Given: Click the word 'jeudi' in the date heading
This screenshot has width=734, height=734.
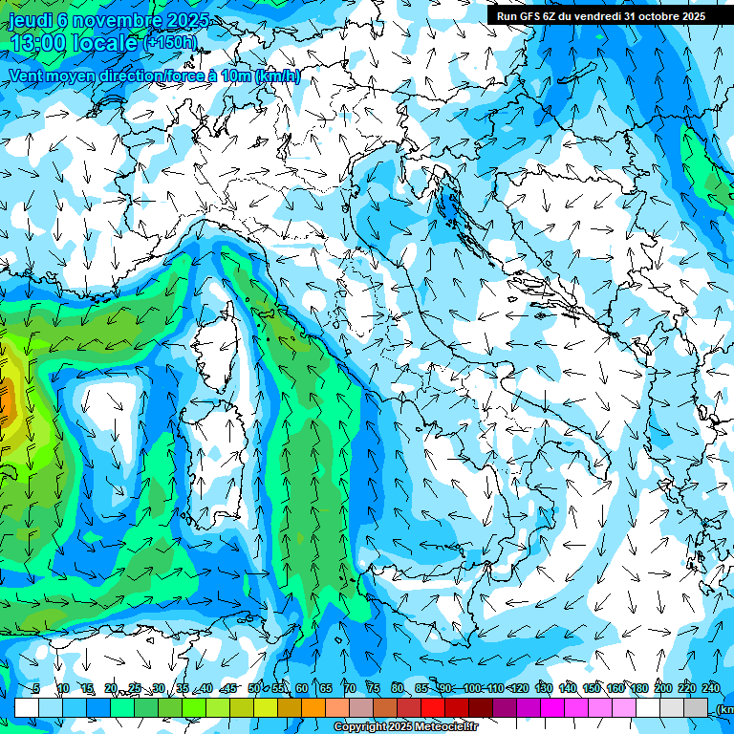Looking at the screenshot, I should (31, 21).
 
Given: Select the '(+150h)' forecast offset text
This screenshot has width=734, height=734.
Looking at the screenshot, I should (170, 42).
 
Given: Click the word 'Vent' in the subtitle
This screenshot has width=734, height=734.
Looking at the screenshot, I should (27, 76).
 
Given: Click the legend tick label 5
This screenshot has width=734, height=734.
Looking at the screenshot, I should (36, 689).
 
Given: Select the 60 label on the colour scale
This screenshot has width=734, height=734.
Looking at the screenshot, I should (301, 689).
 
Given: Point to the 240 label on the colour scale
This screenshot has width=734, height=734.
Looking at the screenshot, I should (710, 689).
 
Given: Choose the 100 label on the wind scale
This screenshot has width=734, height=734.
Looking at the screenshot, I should (471, 689).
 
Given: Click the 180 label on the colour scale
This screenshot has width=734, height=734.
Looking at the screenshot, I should (638, 689).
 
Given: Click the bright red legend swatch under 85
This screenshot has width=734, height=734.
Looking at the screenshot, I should (433, 707).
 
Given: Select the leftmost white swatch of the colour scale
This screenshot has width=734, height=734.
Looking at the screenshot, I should (27, 707).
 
